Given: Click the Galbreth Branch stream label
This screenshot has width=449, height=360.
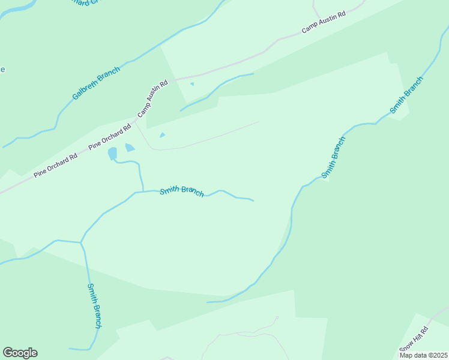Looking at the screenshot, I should coord(96,83).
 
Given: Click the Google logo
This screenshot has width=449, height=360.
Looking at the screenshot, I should coord(20,353).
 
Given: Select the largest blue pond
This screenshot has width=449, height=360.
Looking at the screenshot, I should coord(112,154).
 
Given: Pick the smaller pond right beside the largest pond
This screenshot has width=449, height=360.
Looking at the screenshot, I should coord(130,148).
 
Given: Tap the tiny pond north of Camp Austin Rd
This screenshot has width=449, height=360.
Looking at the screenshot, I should coord(192,84).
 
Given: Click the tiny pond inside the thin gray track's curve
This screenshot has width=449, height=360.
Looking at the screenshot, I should coord(162,135).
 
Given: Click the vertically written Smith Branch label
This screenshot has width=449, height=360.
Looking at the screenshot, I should coord(94,306).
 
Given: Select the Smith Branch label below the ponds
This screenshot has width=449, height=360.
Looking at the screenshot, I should coord(182,191).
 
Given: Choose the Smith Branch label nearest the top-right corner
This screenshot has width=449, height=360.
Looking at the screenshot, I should coord(406,95).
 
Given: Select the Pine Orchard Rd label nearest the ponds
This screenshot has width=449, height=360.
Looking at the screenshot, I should coord(109,137).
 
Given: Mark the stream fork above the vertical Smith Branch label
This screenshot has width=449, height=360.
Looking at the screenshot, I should coord(80,242).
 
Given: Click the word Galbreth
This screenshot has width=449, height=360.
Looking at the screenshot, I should coord(86,89).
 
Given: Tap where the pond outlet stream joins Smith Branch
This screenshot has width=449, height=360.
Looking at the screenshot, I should coord(143,191).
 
